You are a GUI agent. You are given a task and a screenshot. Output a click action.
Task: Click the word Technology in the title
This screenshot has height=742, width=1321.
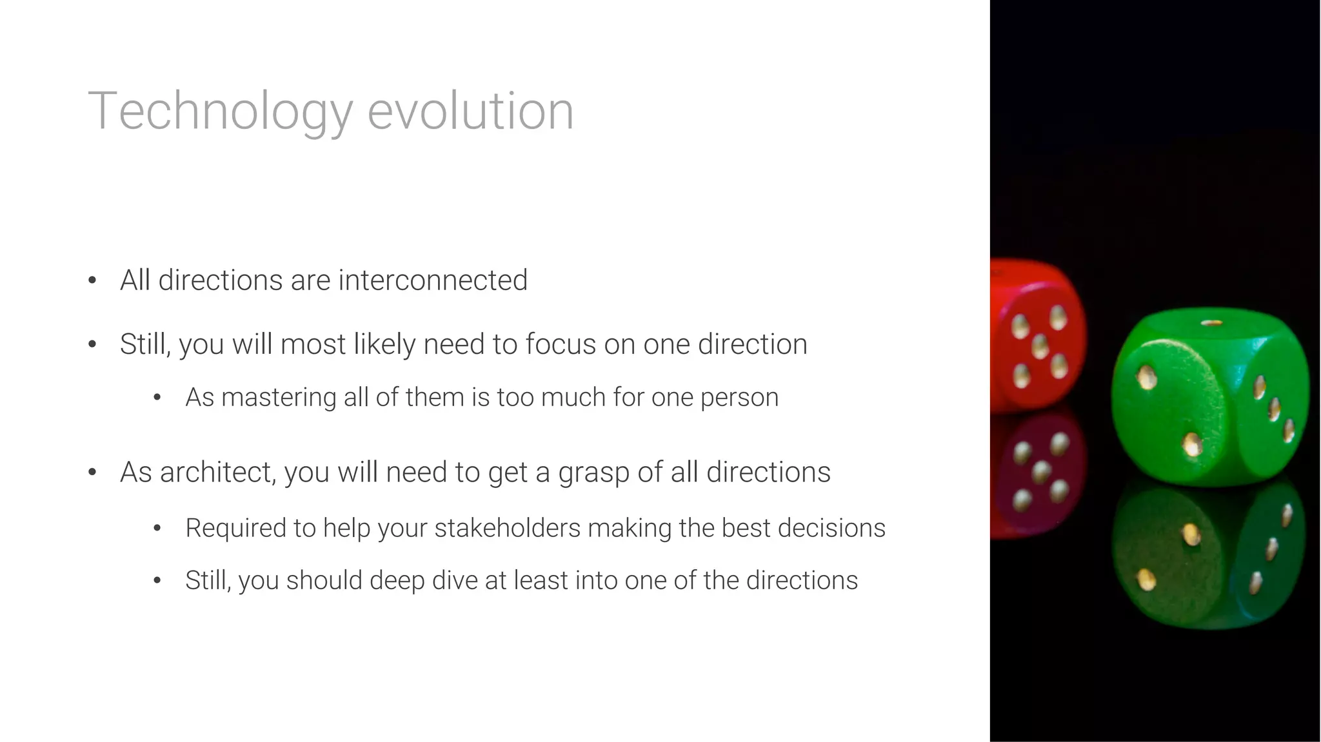(220, 112)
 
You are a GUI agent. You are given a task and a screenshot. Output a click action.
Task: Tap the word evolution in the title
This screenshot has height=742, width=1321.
(470, 112)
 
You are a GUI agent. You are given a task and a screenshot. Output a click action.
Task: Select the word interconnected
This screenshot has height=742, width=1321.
(433, 280)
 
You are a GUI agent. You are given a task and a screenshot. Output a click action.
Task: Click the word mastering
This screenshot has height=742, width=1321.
(279, 397)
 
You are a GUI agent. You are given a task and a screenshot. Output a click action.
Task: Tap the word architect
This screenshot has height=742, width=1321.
(219, 473)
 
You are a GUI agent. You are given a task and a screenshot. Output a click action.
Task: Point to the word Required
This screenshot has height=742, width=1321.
(235, 528)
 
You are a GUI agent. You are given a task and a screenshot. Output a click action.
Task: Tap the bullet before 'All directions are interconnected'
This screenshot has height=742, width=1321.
(92, 280)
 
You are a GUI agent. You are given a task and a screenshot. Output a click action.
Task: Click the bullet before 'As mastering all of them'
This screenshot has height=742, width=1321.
(157, 398)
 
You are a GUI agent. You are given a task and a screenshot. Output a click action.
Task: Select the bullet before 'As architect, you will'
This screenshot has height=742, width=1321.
(92, 473)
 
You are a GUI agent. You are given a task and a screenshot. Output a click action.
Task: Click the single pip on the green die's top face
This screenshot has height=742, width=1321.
(1211, 322)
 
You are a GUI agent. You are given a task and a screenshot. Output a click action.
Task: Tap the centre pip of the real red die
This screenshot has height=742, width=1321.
(1040, 346)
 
